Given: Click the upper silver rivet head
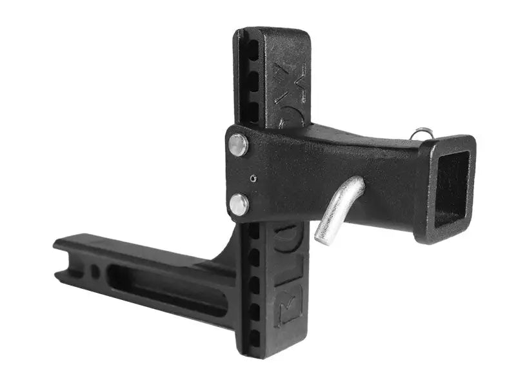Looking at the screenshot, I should [238, 145].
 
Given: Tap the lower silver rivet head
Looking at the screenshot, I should [239, 204].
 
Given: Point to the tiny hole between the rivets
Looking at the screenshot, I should [253, 177].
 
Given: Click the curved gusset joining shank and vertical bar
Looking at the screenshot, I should [223, 258].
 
